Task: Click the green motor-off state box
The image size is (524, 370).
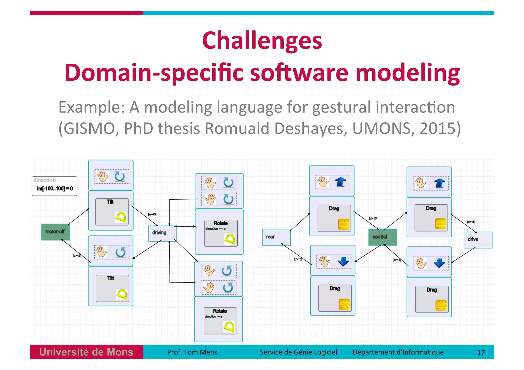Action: tap(56, 232)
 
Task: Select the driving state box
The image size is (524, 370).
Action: tap(162, 233)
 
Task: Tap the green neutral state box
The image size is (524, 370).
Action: tap(383, 237)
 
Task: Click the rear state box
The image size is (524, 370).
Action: tap(276, 237)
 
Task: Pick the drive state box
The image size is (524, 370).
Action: tap(478, 240)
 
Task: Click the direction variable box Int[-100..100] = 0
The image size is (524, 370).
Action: tap(54, 186)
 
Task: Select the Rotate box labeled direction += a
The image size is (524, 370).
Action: tap(221, 233)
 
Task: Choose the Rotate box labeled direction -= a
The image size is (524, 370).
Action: tap(220, 321)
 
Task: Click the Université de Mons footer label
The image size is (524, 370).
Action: tap(86, 352)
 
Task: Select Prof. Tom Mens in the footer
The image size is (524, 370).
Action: tap(192, 352)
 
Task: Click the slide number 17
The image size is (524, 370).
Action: tap(481, 353)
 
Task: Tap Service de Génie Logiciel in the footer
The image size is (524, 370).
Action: tap(298, 352)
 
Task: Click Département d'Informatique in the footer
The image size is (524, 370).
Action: tap(398, 352)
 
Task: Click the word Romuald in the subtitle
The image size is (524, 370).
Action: tap(237, 128)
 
